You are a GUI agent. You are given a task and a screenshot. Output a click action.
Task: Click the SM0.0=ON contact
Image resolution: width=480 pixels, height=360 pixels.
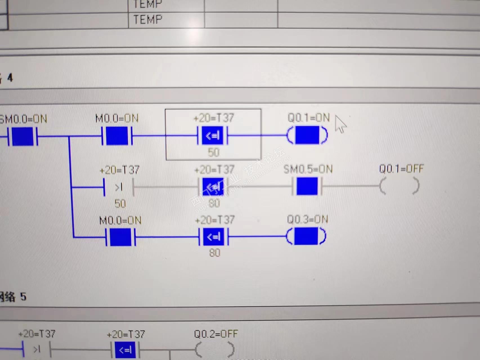pos(23,136)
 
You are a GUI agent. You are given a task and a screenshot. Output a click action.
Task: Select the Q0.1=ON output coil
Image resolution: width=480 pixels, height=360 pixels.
pos(307,135)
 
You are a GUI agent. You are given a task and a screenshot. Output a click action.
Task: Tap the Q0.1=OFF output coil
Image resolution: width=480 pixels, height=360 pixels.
pos(400,186)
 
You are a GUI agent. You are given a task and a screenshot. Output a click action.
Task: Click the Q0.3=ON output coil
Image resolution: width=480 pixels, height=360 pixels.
pos(306,236)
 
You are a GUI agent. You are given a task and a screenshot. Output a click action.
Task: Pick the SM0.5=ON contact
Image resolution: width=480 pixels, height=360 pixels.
pos(307,186)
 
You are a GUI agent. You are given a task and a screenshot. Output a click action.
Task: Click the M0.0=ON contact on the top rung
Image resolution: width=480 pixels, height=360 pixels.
pos(117,136)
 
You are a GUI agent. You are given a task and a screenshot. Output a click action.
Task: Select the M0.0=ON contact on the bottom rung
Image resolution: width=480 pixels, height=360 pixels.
pos(120,237)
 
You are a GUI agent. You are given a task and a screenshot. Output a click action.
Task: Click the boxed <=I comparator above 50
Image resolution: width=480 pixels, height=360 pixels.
pos(213,136)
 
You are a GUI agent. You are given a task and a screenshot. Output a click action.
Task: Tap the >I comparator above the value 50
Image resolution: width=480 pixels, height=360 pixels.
pos(119,187)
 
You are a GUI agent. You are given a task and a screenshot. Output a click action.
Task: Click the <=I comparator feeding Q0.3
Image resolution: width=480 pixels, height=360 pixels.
pos(214,237)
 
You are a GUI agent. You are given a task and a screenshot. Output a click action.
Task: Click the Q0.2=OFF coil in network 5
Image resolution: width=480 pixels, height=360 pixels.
pos(215,350)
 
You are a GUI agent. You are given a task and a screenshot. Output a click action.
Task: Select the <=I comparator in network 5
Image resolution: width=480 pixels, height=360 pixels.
pos(125,350)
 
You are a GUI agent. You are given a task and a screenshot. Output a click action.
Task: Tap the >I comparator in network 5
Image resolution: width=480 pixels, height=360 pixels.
pos(37,349)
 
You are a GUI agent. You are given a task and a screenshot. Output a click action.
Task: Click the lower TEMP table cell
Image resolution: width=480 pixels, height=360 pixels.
pos(148,20)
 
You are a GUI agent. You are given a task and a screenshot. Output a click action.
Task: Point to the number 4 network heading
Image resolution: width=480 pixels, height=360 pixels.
pos(10,78)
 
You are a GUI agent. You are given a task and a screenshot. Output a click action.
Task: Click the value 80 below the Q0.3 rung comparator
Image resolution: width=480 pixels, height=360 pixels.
pos(214,253)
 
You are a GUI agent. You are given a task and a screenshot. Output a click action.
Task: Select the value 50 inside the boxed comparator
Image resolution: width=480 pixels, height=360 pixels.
pos(213,152)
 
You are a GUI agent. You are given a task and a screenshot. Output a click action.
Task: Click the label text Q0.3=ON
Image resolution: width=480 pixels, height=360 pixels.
pos(307,219)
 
